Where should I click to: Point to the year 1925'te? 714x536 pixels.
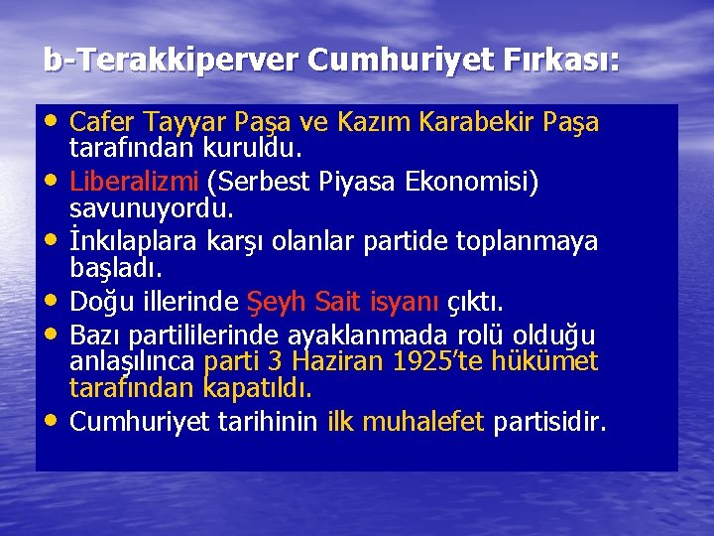click(x=442, y=360)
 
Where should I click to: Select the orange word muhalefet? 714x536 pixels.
click(x=422, y=422)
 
